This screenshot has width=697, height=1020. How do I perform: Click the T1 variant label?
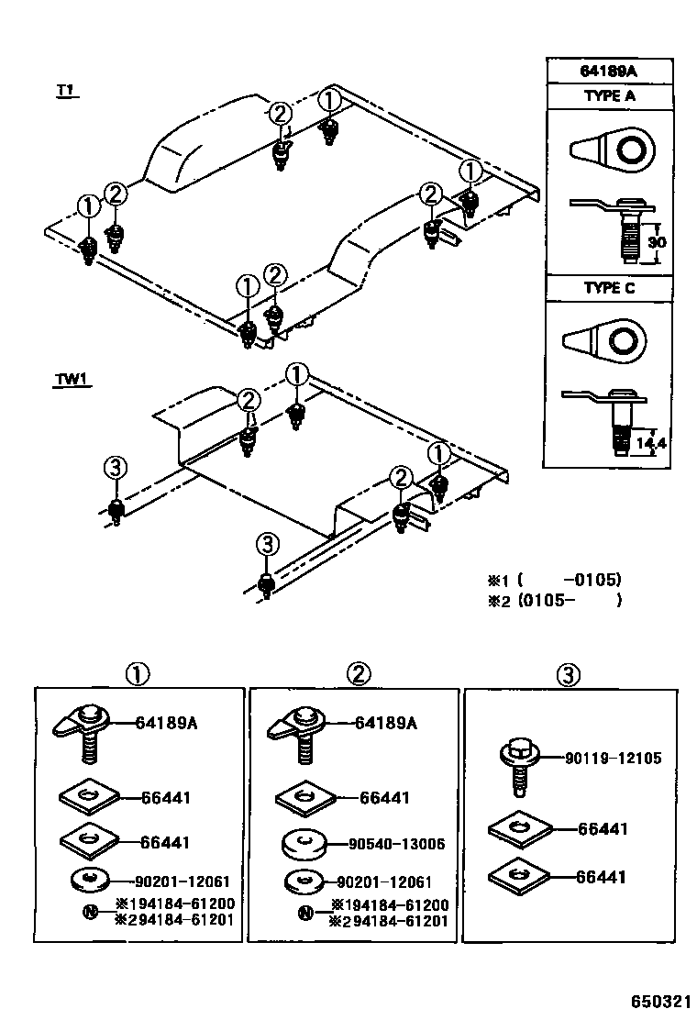click(65, 90)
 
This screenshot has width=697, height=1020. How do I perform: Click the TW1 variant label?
click(71, 380)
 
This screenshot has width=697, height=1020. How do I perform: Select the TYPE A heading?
click(610, 95)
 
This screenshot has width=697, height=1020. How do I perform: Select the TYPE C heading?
click(610, 287)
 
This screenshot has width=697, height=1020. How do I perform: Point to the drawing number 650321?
click(658, 999)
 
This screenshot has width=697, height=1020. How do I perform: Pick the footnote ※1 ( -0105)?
click(554, 580)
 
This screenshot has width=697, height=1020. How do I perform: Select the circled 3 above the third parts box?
click(568, 675)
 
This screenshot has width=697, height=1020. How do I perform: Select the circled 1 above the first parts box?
click(138, 675)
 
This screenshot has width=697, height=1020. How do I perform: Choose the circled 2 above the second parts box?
click(359, 675)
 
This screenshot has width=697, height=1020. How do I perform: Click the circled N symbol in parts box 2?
click(305, 913)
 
